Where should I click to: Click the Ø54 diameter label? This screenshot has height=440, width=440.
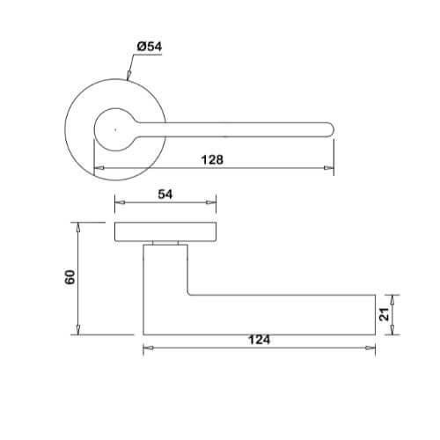150,47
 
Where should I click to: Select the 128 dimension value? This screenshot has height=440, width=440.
212,160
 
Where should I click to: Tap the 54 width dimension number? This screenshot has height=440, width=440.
165,194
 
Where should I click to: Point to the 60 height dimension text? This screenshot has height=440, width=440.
70,277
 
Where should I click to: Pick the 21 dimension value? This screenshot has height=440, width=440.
384,314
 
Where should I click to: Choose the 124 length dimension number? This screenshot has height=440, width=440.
259,340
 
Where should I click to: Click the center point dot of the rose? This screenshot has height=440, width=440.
115,129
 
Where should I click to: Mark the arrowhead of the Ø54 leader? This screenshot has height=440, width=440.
128,76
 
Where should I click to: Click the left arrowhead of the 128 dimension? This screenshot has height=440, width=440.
99,168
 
